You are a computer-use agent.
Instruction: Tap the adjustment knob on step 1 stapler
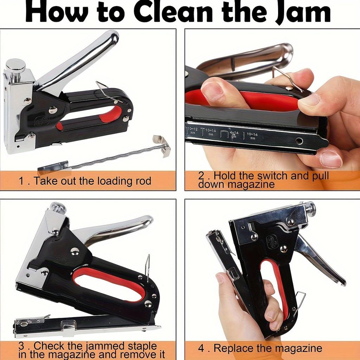coord(15,66)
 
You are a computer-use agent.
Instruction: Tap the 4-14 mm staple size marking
coord(233,134)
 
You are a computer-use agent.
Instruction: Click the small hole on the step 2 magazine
coord(299,141)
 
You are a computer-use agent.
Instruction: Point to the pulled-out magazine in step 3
coord(84,325)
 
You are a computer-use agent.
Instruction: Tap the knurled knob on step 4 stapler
coord(310,208)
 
